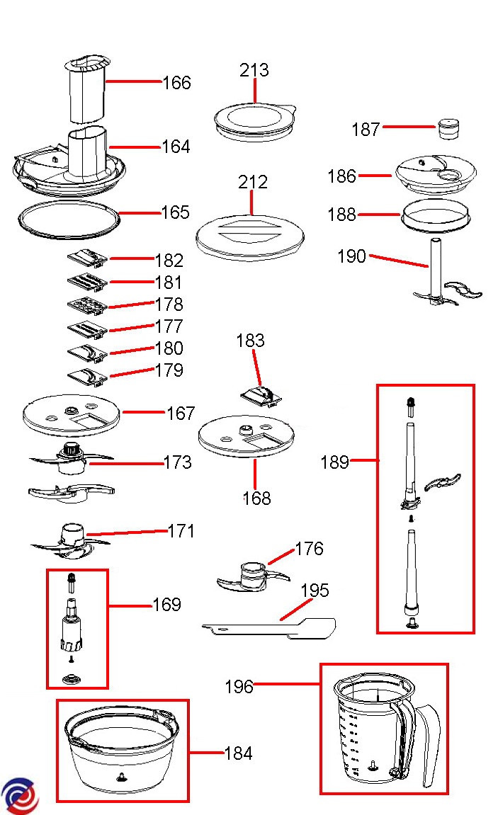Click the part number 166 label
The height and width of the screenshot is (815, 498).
click(176, 83)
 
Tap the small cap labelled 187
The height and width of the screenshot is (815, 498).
click(448, 128)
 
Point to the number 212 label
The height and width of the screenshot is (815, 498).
click(253, 183)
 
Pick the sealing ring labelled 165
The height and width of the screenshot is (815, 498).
click(69, 219)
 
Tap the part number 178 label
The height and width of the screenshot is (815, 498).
click(169, 304)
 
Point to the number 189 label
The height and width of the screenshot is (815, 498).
click(334, 462)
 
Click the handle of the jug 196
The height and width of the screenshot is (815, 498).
click(427, 743)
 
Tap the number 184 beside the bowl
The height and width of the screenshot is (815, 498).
click(237, 753)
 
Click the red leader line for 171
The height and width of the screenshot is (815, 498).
click(128, 532)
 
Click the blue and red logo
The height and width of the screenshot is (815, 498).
click(19, 796)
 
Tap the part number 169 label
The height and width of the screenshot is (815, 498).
click(166, 605)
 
